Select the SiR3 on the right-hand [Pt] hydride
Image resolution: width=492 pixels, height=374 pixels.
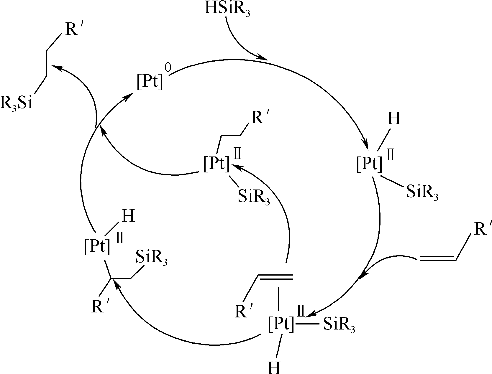tap(422, 193)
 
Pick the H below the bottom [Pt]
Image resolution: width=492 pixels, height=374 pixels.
tap(274, 367)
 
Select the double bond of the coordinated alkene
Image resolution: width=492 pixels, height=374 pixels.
tap(275, 277)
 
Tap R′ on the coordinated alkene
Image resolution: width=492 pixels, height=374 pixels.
tap(244, 312)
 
